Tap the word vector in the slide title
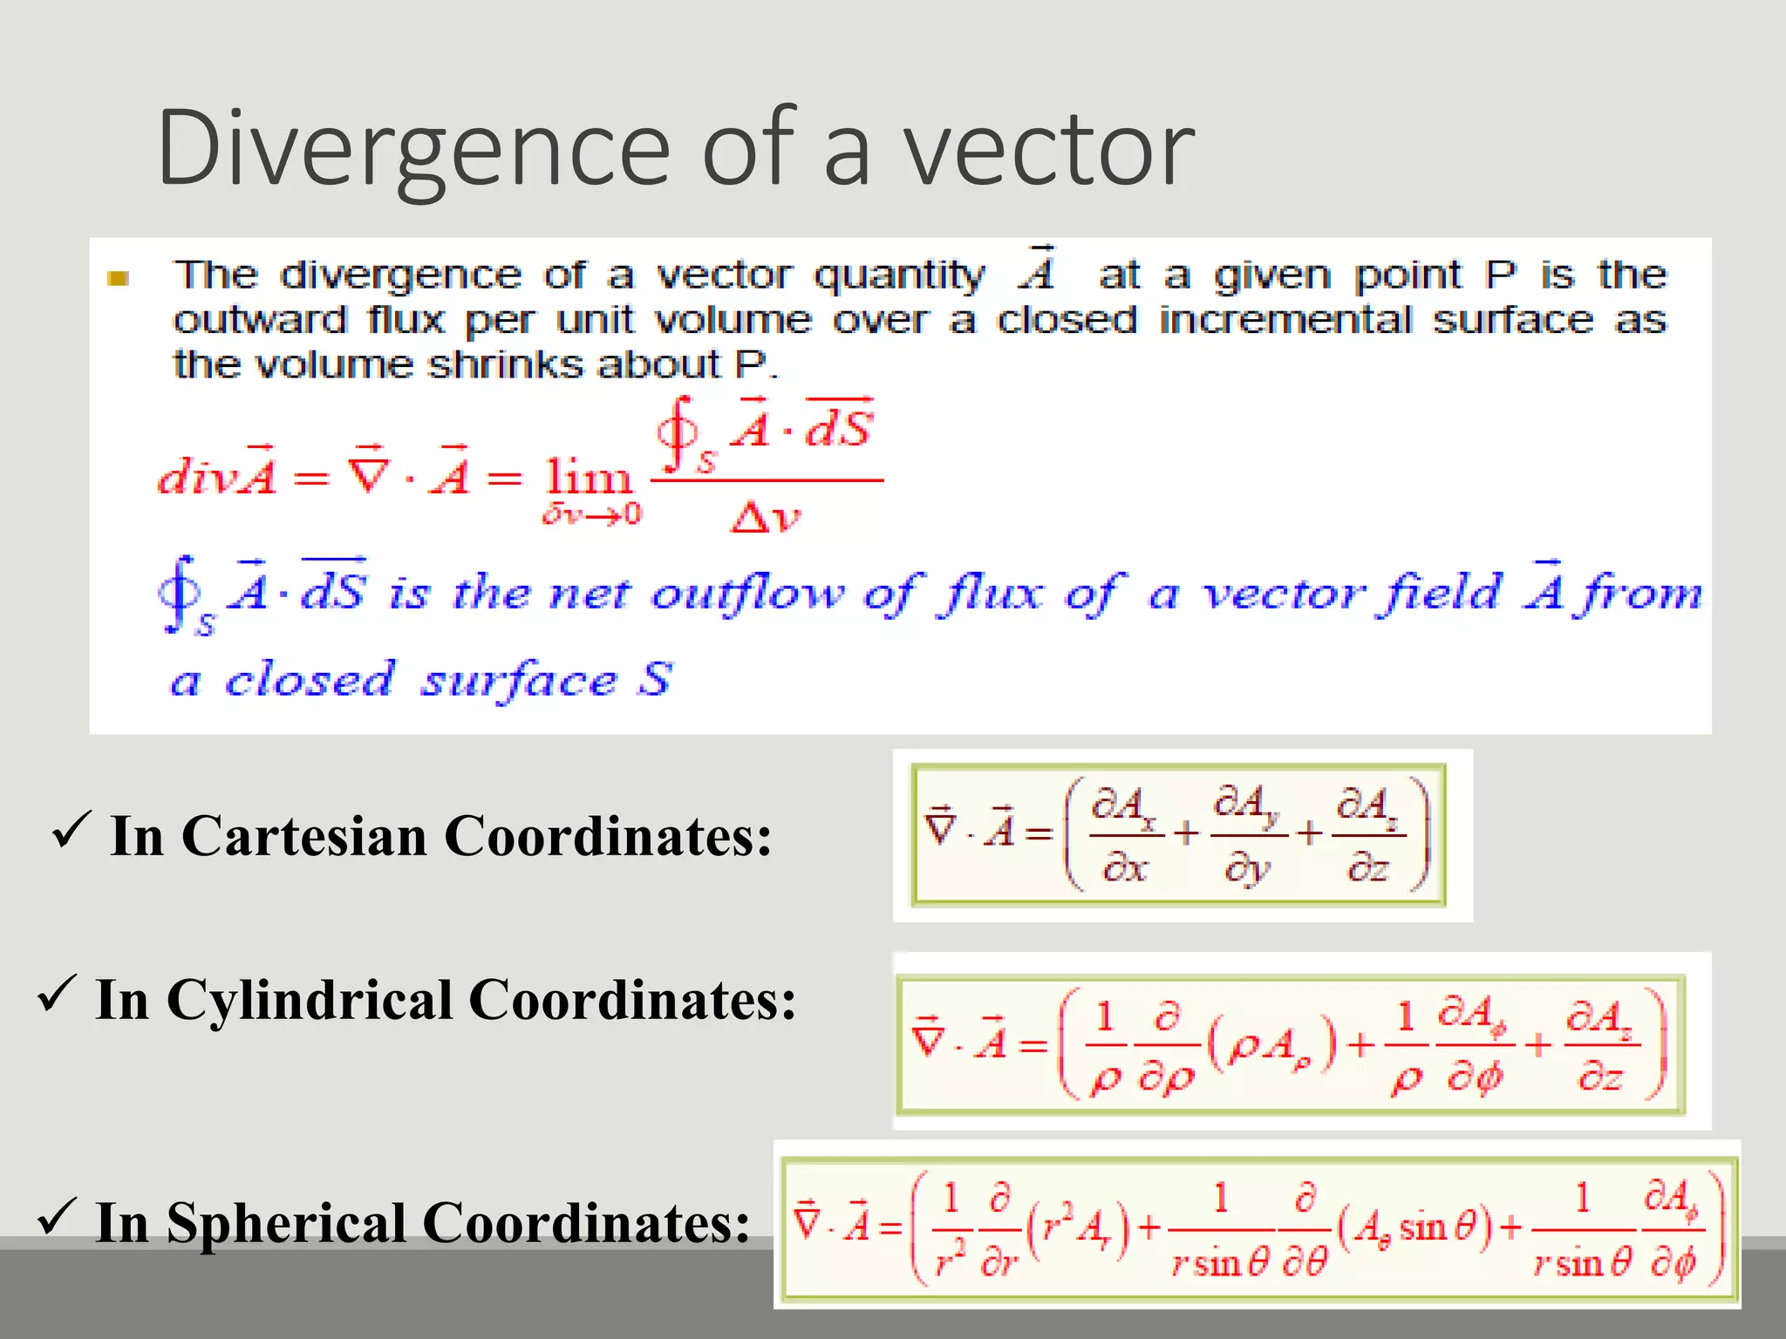pyautogui.click(x=1047, y=148)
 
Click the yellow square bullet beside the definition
pyautogui.click(x=118, y=278)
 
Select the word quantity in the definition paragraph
pyautogui.click(x=898, y=276)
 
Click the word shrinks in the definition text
pyautogui.click(x=506, y=364)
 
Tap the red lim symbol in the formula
pyautogui.click(x=588, y=478)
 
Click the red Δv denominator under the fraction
pyautogui.click(x=765, y=518)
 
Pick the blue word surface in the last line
pyautogui.click(x=518, y=681)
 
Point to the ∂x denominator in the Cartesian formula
pyautogui.click(x=1124, y=867)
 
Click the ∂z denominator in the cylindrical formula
pyautogui.click(x=1599, y=1077)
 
